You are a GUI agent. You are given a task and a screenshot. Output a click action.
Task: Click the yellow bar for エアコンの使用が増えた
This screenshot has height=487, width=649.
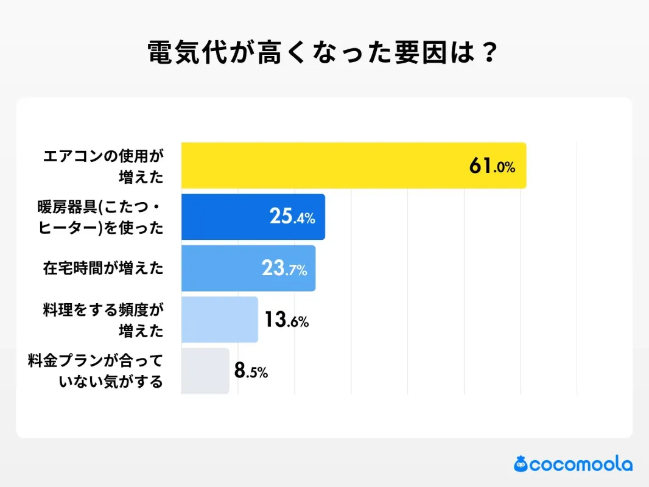point(353,166)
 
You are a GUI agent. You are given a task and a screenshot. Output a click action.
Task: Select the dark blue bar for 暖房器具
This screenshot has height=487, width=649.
point(253,217)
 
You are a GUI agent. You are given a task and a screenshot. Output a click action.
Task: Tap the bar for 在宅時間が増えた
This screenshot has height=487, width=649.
point(248,268)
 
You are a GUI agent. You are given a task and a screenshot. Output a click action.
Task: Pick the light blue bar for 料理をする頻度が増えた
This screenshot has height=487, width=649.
point(219,320)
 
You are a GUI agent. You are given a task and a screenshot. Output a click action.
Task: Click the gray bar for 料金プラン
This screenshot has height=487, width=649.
point(205,371)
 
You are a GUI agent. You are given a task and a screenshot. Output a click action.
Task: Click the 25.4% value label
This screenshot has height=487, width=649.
point(292,217)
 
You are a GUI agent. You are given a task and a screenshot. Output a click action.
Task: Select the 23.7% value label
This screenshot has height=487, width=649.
point(284,268)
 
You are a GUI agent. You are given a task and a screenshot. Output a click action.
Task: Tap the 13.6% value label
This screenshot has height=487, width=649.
point(286,320)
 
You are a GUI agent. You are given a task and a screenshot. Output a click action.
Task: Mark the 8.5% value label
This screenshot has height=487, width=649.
point(251,371)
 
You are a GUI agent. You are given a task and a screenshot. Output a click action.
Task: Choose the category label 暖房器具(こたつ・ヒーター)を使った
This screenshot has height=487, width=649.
point(100,217)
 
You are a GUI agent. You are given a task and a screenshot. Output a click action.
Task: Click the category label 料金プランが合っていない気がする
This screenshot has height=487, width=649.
point(96,371)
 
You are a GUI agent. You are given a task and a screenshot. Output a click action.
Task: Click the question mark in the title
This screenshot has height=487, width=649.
point(487,54)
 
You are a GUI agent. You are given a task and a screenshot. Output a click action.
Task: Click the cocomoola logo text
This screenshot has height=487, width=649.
point(581,464)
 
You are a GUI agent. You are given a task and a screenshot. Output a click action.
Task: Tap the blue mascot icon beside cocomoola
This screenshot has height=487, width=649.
point(521,464)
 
